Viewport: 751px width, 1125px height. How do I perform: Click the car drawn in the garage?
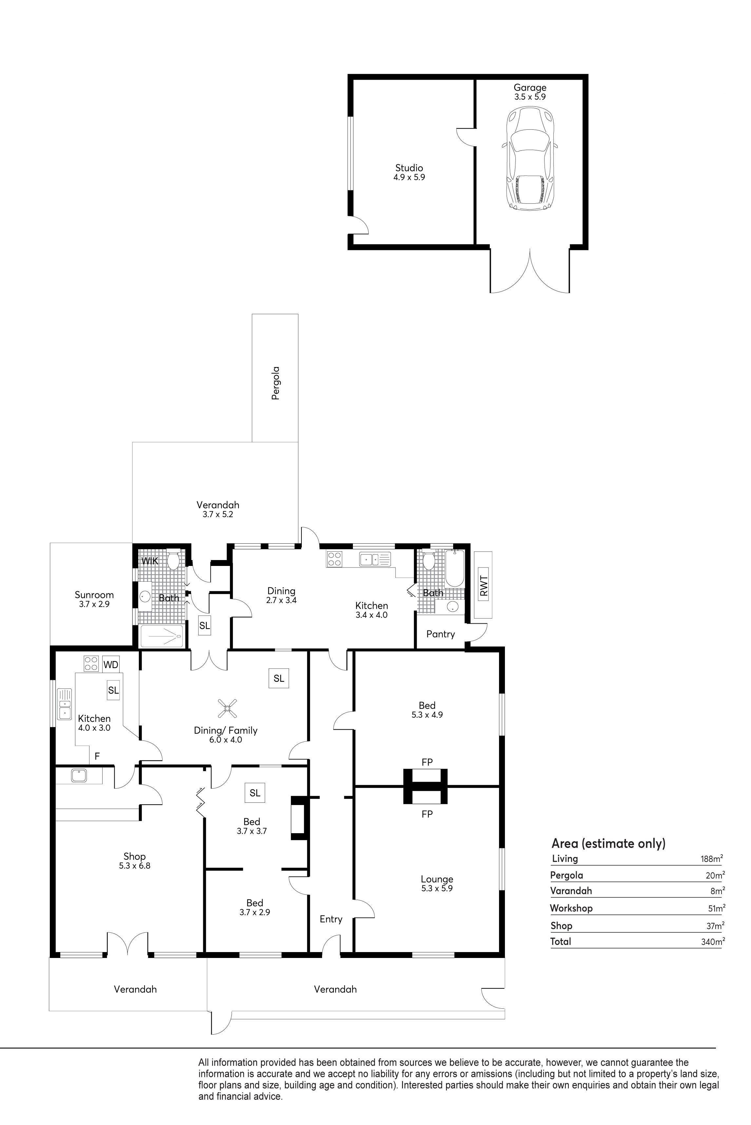click(x=530, y=158)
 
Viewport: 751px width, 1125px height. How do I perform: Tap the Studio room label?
click(x=409, y=168)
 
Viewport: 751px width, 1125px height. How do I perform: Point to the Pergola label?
click(x=275, y=383)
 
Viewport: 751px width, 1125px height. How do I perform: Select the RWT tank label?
click(x=483, y=586)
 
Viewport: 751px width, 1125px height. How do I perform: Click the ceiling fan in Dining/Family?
click(x=227, y=708)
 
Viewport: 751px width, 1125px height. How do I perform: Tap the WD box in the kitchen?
click(x=111, y=665)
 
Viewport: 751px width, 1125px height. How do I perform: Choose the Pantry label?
click(x=440, y=634)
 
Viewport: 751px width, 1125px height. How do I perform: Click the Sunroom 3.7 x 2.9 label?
click(x=94, y=599)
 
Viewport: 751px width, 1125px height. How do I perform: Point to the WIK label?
click(x=149, y=561)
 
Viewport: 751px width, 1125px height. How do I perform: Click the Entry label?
click(x=331, y=919)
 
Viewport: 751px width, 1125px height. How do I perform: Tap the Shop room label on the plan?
click(x=135, y=856)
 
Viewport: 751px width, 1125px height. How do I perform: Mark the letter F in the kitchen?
click(x=97, y=756)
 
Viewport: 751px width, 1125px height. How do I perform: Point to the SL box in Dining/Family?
click(x=279, y=678)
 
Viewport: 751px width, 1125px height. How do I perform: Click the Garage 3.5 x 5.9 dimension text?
click(x=530, y=97)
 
